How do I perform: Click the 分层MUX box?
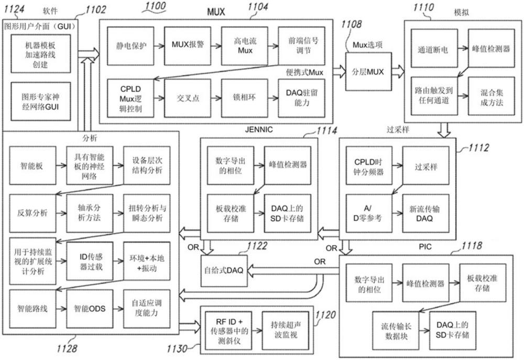pos(368,72)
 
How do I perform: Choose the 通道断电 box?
pos(433,50)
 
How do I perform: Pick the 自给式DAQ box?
pos(224,270)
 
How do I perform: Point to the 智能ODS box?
pos(90,308)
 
